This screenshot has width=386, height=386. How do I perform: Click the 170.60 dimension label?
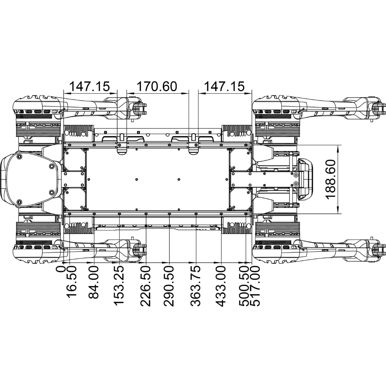tap(157, 86)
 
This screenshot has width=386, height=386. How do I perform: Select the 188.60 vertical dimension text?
tap(330, 179)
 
